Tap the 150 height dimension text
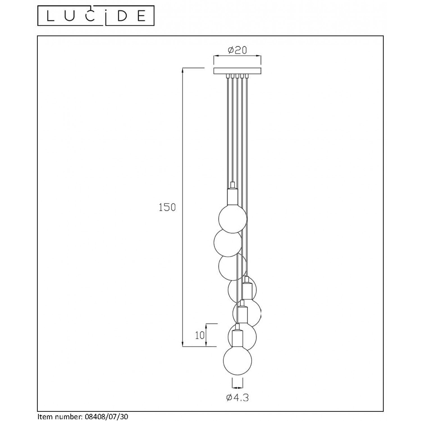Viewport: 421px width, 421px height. pos(167,207)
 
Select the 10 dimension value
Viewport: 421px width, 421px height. pos(200,335)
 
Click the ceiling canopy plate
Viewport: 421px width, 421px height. pos(237,71)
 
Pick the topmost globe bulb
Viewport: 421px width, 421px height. pos(233,219)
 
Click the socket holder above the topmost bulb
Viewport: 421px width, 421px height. pos(232,196)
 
